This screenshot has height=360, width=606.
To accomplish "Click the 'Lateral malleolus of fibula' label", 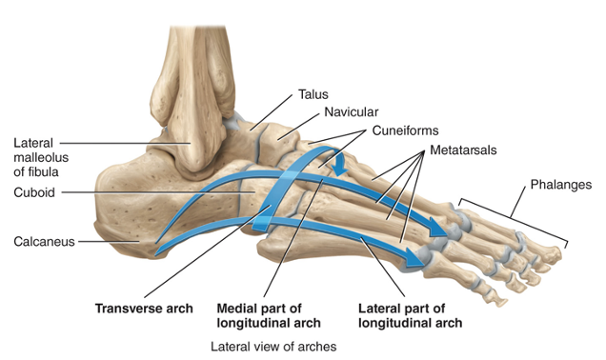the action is pyautogui.click(x=41, y=157).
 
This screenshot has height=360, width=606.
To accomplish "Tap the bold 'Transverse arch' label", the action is pyautogui.click(x=144, y=309).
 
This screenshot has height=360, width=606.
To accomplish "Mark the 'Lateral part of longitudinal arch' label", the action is pyautogui.click(x=409, y=315).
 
